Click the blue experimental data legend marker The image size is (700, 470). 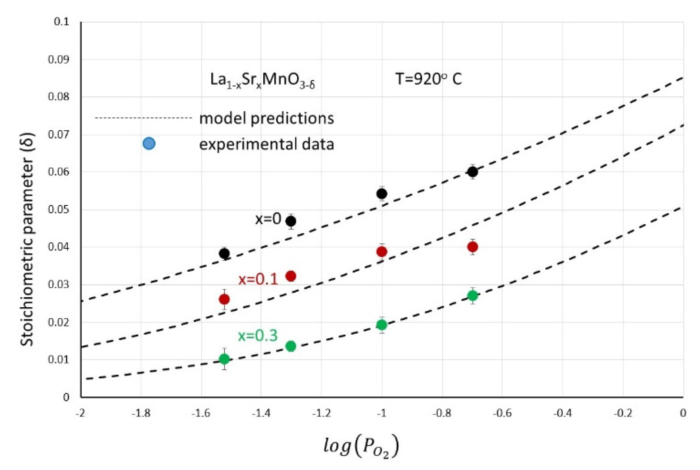point(149,144)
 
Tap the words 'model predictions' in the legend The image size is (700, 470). point(266,118)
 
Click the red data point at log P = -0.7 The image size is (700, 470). point(472,247)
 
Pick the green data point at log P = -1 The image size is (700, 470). point(381,325)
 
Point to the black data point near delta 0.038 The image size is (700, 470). point(224,253)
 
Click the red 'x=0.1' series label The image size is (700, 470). point(258,279)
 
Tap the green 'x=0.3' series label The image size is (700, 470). point(258,336)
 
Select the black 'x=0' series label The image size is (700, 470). point(268,219)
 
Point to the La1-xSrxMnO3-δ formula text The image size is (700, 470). point(262,80)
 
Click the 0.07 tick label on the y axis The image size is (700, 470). point(58,134)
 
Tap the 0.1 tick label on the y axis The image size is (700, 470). point(61,22)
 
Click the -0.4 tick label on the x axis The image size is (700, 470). point(562,413)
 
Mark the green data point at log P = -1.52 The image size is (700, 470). point(224,359)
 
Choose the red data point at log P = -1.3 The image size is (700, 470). point(291,276)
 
